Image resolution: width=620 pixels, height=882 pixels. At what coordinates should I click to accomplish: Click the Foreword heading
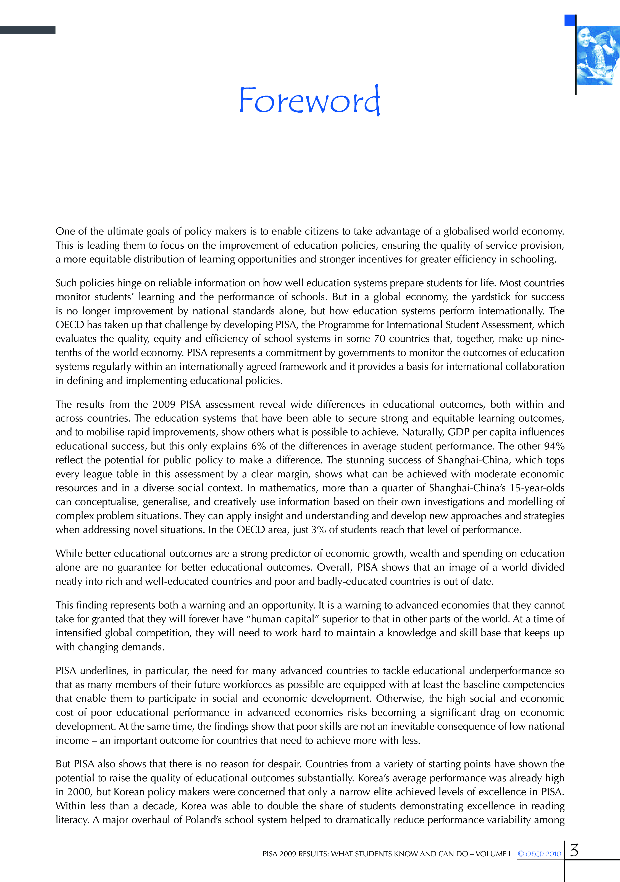(x=309, y=101)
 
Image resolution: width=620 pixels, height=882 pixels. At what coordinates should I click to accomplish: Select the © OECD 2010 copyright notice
(x=539, y=854)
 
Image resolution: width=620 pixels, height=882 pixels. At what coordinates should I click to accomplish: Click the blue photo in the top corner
(x=598, y=56)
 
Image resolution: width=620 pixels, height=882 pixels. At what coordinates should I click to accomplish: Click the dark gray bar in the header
(x=28, y=30)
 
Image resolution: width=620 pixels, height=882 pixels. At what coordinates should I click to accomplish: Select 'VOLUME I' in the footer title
(x=493, y=854)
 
